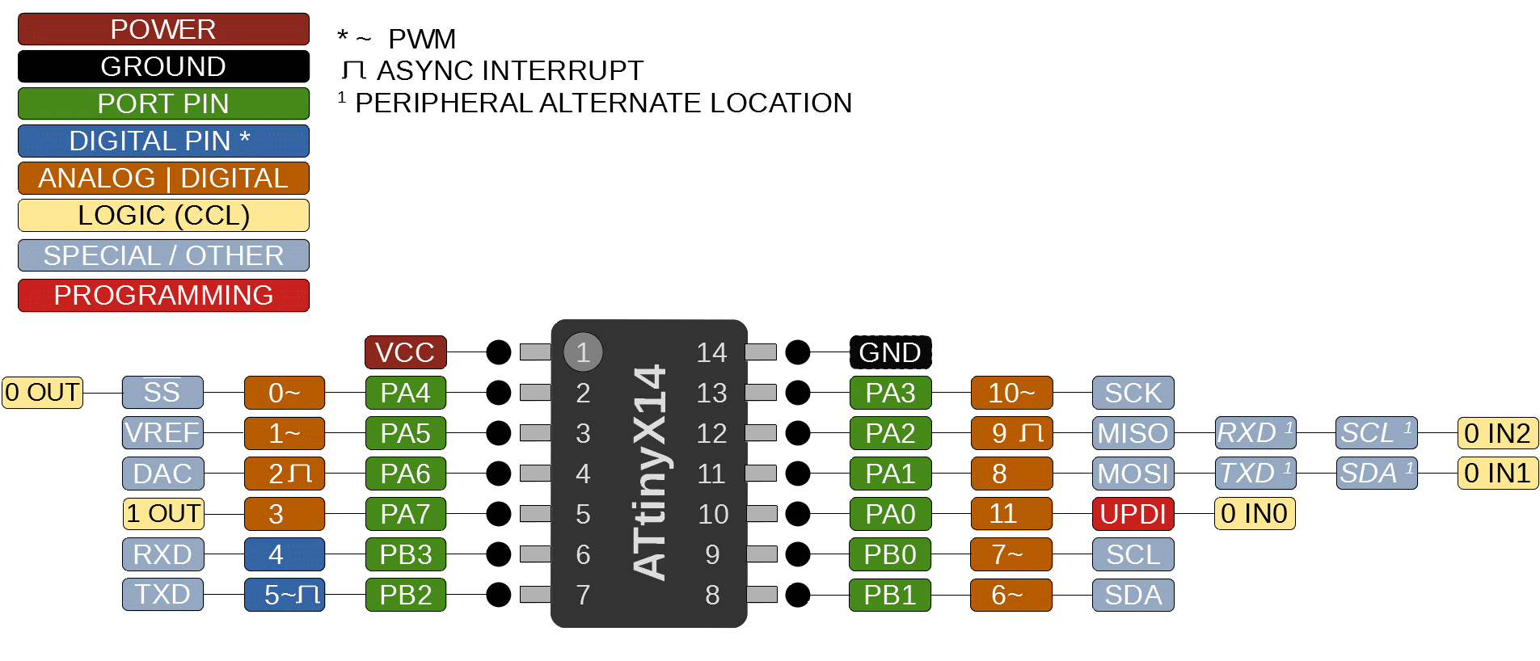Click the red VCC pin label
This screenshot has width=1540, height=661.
405,352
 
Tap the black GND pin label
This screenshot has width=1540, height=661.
890,352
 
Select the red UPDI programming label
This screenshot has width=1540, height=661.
1133,514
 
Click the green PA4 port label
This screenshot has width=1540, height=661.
405,393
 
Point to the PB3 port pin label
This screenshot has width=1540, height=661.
405,554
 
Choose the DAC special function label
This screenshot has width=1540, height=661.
162,474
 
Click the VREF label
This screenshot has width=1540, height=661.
162,433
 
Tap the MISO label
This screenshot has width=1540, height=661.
1133,433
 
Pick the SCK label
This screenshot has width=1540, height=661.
1133,393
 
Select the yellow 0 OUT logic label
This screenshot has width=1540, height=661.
43,393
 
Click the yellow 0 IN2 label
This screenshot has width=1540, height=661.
1497,433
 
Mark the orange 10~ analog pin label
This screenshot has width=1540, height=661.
1011,393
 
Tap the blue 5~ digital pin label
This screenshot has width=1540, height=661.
285,595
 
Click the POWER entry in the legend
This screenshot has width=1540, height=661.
163,29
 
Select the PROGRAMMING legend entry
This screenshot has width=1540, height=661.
163,295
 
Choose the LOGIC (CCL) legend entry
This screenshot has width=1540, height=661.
163,216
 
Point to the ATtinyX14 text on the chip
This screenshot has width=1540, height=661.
650,473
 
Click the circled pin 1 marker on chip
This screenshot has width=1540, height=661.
583,352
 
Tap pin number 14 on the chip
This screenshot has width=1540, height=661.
711,352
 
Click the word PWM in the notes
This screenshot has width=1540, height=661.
423,38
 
